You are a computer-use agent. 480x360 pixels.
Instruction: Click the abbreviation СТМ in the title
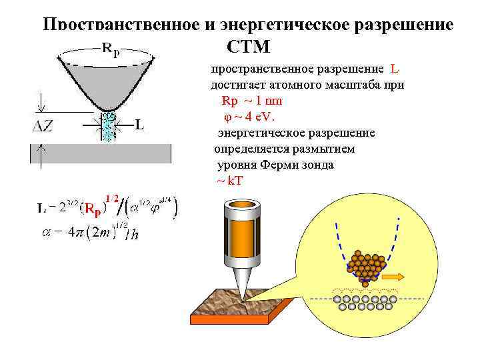pos(248,47)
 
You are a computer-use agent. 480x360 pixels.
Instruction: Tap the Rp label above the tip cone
pos(109,49)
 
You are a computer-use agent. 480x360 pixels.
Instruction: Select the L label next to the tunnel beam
pos(139,124)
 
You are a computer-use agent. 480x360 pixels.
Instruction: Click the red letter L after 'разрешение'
pos(394,69)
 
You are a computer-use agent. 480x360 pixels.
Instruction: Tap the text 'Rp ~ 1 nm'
pos(251,101)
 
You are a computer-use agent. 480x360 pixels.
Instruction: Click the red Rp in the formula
pos(90,209)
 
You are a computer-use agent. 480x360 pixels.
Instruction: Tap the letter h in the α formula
pos(135,234)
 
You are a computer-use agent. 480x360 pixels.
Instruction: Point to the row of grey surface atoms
pos(365,304)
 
